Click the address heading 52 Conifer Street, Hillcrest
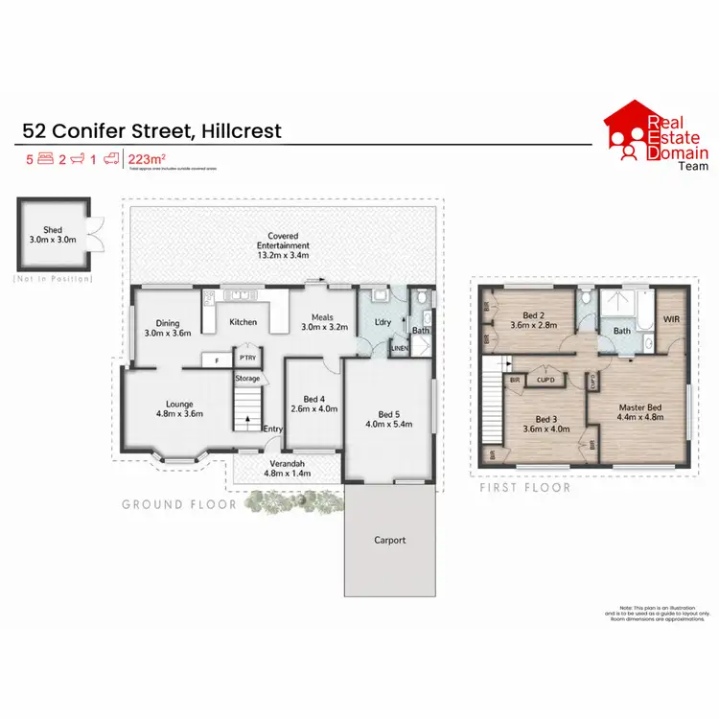(x=152, y=130)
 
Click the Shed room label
(x=52, y=233)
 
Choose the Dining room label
(x=168, y=328)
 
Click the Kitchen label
(x=244, y=322)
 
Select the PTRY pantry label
(x=246, y=359)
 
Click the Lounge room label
(x=175, y=410)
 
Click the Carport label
(x=390, y=540)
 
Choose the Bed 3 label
(x=546, y=425)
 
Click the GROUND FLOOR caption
(x=178, y=503)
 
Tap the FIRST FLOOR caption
(x=525, y=488)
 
